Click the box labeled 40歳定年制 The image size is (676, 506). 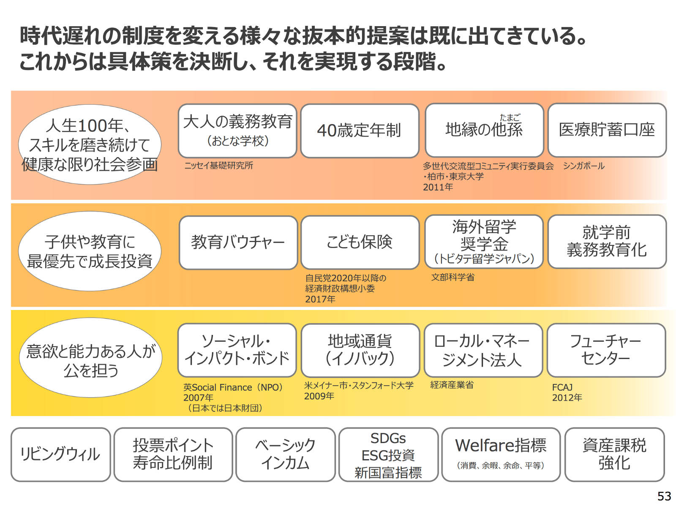point(359,131)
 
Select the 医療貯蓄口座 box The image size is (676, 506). point(607,130)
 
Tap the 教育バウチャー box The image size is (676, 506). point(238,242)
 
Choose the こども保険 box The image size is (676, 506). point(360,242)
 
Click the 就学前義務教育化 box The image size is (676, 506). point(607,241)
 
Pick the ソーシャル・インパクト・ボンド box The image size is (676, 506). point(237,350)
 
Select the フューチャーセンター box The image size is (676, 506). point(606,350)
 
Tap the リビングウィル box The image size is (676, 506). point(60,454)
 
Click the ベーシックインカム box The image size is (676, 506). point(285,454)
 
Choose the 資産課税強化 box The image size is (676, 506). point(614,454)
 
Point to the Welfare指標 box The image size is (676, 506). point(501,454)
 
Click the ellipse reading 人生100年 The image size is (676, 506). point(90,144)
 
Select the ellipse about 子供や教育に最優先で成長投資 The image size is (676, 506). point(90,251)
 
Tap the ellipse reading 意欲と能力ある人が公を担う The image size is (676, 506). point(90,358)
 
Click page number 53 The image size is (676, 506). point(664,496)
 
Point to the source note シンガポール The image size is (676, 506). point(583,166)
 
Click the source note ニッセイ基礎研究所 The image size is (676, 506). point(218,166)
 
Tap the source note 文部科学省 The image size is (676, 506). point(452,277)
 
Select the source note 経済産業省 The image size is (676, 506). point(452,385)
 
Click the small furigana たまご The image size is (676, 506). point(510,117)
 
